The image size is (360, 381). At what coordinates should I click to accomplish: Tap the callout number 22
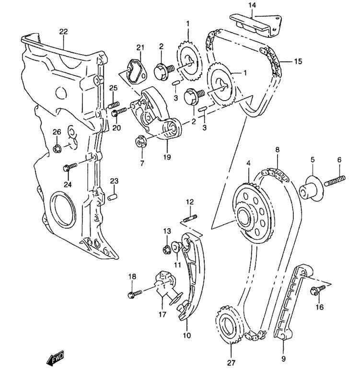(x=63, y=32)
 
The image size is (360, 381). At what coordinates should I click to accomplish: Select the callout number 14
(x=253, y=6)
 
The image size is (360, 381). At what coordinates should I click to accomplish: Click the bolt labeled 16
(x=317, y=289)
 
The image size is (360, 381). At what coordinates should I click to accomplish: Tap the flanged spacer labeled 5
(x=310, y=190)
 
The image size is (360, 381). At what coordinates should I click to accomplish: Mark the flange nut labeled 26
(x=57, y=147)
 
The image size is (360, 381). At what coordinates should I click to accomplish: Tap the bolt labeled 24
(x=70, y=167)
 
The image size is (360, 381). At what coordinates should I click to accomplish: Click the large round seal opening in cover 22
(x=61, y=211)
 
